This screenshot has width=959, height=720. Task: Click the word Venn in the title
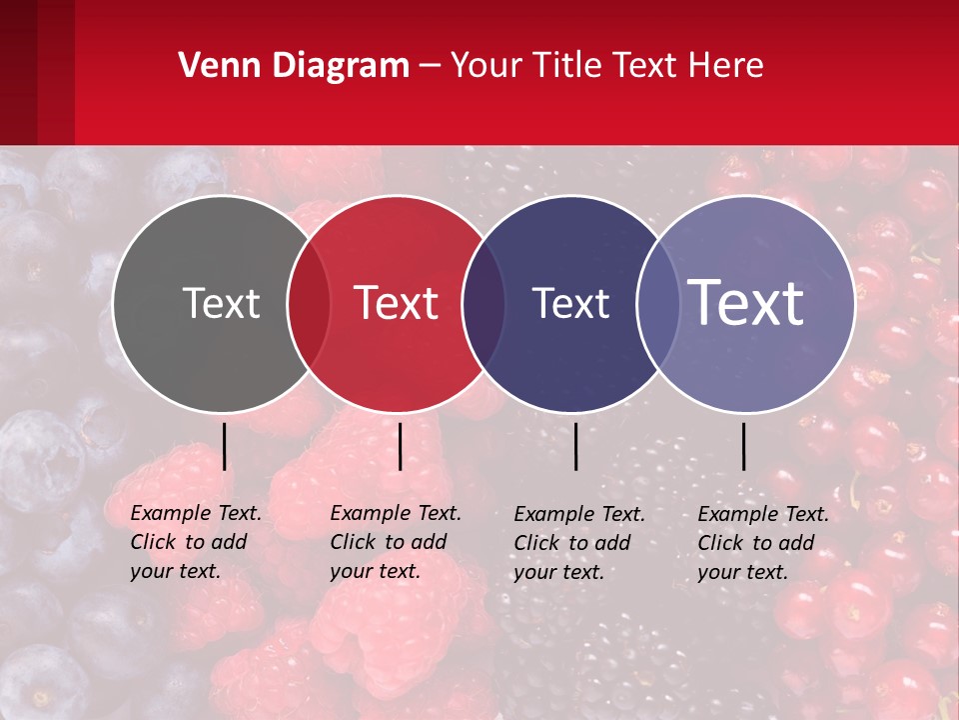tap(213, 66)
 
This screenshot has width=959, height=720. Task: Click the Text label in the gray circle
tap(221, 304)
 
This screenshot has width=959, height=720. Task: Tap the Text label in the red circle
tap(397, 304)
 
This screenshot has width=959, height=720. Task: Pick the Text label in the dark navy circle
tap(570, 304)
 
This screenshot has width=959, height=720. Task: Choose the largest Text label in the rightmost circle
tap(746, 303)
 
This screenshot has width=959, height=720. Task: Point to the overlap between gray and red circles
tap(309, 304)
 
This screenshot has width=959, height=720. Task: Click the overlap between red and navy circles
tap(483, 304)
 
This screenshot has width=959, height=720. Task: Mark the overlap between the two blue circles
tap(657, 304)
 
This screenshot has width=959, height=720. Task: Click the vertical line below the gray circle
tap(224, 446)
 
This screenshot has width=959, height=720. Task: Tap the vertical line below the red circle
tap(400, 446)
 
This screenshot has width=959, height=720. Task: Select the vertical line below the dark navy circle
tap(575, 446)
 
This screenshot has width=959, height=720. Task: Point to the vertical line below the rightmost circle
tap(743, 446)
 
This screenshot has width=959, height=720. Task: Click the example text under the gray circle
tap(196, 542)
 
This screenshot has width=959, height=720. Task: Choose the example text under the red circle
tap(396, 542)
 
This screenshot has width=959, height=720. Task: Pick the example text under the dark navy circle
tap(579, 543)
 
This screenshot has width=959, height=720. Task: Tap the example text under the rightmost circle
tap(763, 543)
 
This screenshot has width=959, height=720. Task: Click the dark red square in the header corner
tap(37, 72)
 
